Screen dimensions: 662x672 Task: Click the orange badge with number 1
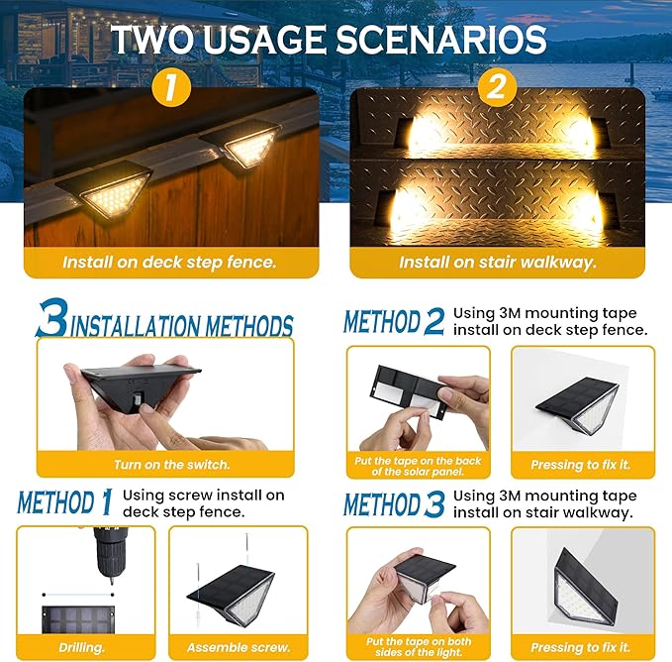click(x=171, y=89)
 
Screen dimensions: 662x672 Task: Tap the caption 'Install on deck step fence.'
click(x=169, y=263)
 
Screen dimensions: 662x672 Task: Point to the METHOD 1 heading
click(x=64, y=501)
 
